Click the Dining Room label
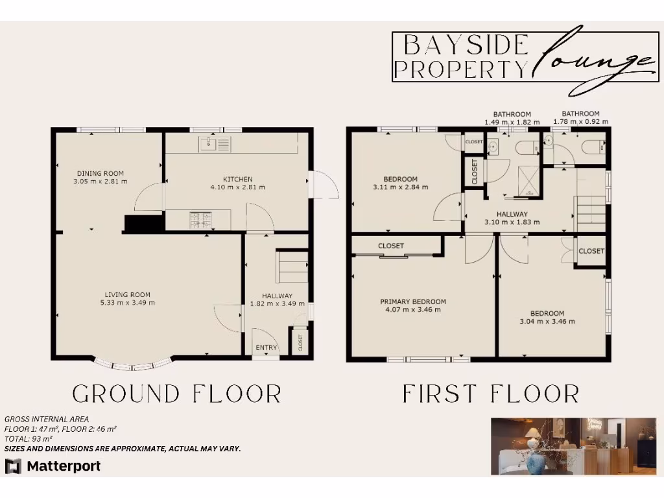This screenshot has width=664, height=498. (x=101, y=173)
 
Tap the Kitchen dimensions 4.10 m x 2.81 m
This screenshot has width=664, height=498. (x=237, y=187)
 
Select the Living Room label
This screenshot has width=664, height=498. (x=127, y=294)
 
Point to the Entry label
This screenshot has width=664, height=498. (x=266, y=348)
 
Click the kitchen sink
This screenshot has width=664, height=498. (x=215, y=144)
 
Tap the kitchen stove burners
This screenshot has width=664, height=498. (x=202, y=221)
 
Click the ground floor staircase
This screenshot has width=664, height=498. (x=292, y=267)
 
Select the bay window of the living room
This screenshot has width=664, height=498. (x=134, y=365)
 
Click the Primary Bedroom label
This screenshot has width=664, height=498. (x=413, y=302)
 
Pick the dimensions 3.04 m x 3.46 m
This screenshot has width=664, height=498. (x=547, y=321)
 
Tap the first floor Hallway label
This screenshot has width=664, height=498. (x=512, y=214)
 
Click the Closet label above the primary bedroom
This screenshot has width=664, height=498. (x=391, y=246)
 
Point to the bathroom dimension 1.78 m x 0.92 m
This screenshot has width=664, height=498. (x=580, y=121)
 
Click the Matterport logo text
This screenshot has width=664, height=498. (x=63, y=466)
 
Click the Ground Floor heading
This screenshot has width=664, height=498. (x=177, y=394)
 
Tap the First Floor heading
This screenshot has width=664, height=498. (x=490, y=394)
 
